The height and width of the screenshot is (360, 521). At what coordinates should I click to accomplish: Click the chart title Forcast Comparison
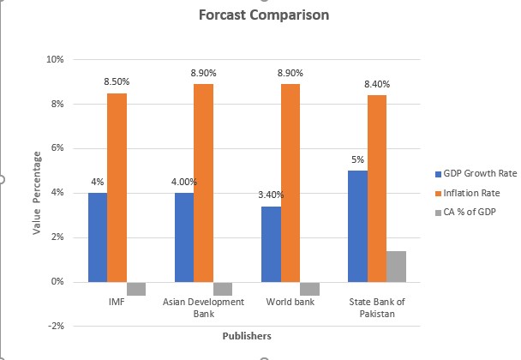[264, 15]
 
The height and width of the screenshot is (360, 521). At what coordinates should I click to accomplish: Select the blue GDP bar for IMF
[98, 237]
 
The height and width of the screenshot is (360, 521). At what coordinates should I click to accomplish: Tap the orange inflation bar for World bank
[290, 183]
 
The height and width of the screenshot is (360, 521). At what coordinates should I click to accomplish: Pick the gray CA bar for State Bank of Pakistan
[397, 267]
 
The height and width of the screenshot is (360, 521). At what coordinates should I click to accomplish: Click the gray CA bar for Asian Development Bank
[223, 289]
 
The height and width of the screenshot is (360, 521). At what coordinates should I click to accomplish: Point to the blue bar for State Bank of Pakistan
[358, 226]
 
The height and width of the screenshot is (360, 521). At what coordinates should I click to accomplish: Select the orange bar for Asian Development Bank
[204, 183]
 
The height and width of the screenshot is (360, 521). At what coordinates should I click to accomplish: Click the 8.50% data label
[117, 81]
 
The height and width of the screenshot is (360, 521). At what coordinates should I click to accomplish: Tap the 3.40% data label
[271, 195]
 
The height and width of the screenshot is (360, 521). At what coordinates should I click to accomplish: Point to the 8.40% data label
[377, 85]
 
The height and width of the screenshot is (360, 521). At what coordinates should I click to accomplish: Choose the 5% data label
[358, 160]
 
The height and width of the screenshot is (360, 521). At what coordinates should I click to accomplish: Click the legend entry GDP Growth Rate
[476, 173]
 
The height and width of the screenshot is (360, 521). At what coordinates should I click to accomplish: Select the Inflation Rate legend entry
[468, 193]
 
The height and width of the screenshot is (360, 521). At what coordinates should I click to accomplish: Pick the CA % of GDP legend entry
[465, 212]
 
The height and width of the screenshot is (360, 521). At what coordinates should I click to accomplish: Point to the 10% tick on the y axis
[55, 59]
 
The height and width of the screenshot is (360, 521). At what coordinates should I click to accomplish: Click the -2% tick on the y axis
[57, 326]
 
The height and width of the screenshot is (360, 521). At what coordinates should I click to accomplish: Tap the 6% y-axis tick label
[57, 148]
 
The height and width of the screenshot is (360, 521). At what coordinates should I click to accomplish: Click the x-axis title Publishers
[247, 336]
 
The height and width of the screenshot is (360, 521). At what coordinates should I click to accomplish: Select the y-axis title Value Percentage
[37, 193]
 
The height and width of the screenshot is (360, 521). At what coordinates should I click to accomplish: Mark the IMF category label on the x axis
[117, 302]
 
